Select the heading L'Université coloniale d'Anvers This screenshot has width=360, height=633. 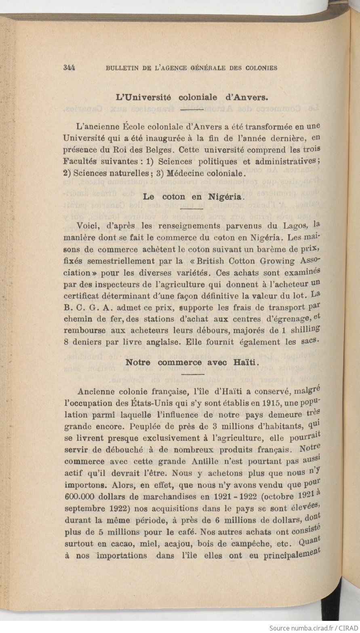click(192, 97)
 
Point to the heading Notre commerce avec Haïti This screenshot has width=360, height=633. click(192, 362)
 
